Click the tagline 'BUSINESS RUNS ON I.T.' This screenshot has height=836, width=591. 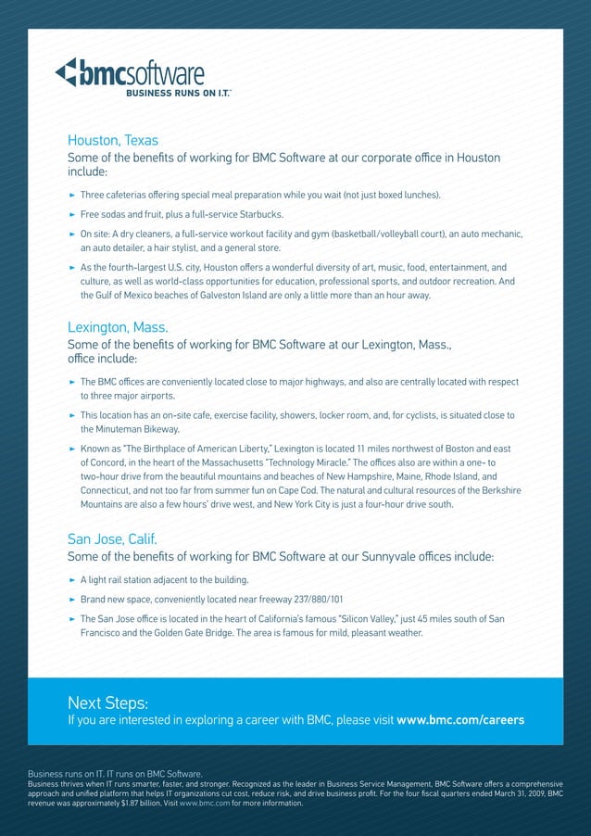tap(178, 93)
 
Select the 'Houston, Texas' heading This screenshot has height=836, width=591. tap(113, 141)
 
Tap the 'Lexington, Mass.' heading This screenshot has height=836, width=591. tap(118, 327)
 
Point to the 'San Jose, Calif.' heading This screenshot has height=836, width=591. tap(112, 538)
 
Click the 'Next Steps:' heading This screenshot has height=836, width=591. tap(107, 702)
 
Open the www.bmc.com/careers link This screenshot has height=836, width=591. tap(460, 720)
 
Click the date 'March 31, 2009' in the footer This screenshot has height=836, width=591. tap(511, 793)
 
